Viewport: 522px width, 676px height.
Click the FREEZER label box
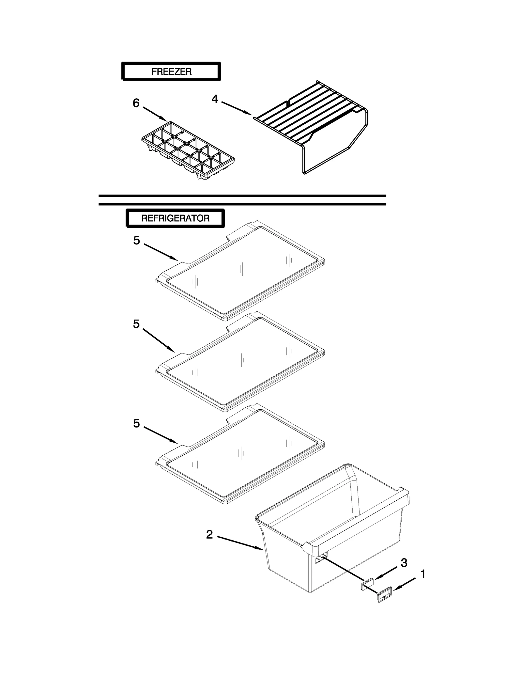171,71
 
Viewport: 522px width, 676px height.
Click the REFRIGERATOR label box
175,218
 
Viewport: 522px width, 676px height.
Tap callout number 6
136,103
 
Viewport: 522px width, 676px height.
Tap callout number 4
214,99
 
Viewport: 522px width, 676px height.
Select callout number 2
209,534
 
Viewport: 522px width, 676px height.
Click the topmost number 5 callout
136,241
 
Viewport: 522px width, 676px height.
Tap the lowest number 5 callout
136,423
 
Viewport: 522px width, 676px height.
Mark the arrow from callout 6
155,114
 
